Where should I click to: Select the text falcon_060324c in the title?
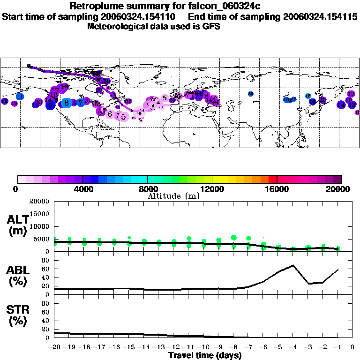click(x=222, y=6)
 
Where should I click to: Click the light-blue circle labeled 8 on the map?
click(x=67, y=103)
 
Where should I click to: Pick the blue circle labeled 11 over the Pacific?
click(x=20, y=96)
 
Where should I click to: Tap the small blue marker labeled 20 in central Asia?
click(x=251, y=94)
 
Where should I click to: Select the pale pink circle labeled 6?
click(x=110, y=114)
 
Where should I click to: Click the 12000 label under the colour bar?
click(x=212, y=189)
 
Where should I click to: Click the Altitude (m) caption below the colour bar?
click(x=173, y=196)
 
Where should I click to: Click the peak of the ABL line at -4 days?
click(x=293, y=265)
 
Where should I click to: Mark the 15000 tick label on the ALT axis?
click(x=40, y=214)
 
